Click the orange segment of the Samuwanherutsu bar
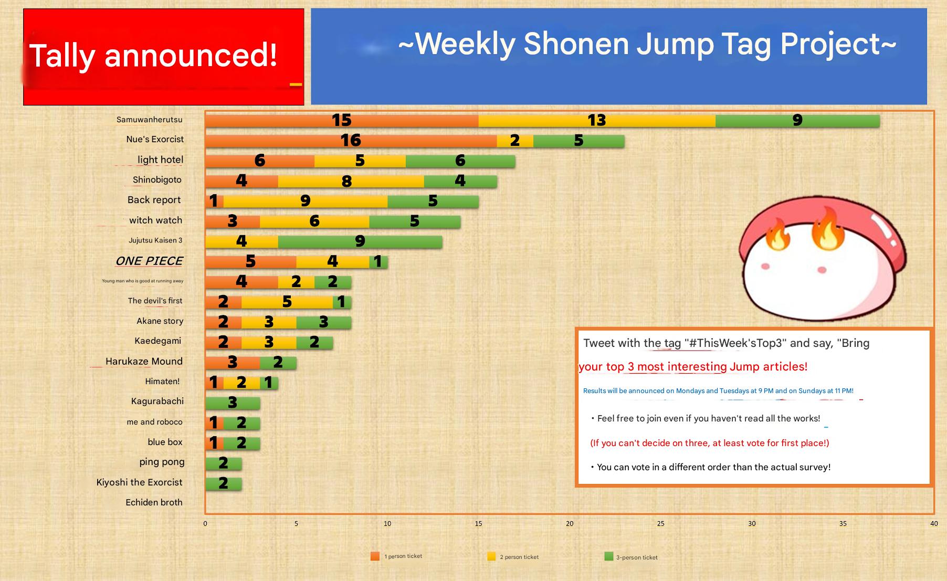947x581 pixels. tap(342, 121)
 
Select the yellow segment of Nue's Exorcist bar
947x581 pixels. tap(515, 141)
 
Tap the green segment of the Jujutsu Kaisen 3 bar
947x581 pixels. tap(360, 241)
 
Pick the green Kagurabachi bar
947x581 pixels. tap(233, 403)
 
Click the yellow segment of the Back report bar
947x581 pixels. tap(306, 201)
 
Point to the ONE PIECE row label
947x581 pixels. tap(149, 261)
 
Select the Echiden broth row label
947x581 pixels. tap(154, 502)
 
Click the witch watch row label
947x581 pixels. tap(155, 220)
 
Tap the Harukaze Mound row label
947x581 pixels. tap(144, 361)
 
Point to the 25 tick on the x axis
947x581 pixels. tap(661, 523)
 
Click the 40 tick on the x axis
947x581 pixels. tap(934, 523)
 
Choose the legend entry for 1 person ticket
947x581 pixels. tap(396, 556)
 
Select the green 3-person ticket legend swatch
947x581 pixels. tap(609, 556)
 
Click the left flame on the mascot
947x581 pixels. tap(777, 235)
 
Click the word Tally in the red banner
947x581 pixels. tap(62, 56)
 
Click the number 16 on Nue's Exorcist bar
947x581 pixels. tap(351, 141)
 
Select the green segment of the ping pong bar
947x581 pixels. tap(224, 463)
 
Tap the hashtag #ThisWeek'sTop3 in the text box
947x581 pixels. tap(736, 343)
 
